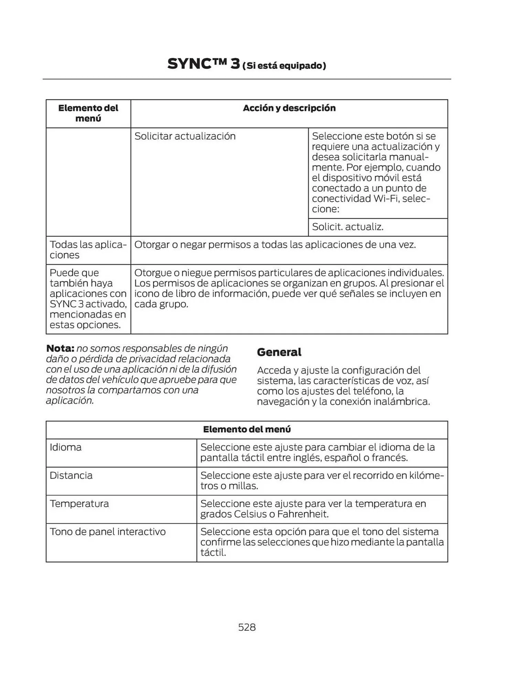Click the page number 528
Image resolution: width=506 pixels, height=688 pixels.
(x=247, y=627)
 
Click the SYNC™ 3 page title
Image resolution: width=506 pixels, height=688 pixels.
(x=204, y=64)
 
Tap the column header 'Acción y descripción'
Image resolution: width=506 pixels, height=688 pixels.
(x=289, y=108)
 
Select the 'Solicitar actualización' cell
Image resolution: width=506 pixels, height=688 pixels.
(x=185, y=136)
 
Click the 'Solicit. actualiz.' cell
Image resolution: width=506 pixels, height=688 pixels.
(x=347, y=227)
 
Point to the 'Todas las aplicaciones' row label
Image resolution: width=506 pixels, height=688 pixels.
(x=88, y=250)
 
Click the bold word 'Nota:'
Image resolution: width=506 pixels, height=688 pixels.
(x=60, y=348)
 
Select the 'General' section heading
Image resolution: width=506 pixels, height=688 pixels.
(x=279, y=352)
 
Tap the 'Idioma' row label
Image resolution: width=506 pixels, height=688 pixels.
(x=66, y=447)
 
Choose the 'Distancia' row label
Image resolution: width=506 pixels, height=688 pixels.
(x=71, y=475)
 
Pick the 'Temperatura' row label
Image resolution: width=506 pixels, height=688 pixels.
(x=79, y=504)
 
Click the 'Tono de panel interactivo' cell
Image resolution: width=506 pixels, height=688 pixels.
(x=108, y=532)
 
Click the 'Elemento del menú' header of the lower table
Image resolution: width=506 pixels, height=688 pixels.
(x=247, y=429)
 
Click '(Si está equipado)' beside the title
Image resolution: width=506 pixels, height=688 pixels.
(x=284, y=66)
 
